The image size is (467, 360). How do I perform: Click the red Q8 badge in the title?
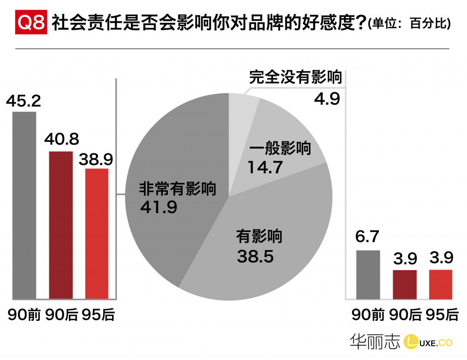31,23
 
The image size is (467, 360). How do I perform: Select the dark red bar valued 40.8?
61,224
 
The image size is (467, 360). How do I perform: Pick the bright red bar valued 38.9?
97,233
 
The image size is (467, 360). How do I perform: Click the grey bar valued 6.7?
367,274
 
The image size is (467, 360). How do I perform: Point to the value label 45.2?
24,100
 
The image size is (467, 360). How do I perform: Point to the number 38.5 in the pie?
255,256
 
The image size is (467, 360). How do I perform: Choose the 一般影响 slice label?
280,149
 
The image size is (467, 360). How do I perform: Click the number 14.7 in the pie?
265,167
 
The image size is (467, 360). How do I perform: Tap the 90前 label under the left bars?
24,315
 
